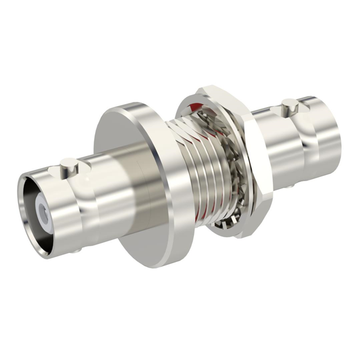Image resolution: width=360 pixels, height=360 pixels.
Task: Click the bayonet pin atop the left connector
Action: [x=68, y=165]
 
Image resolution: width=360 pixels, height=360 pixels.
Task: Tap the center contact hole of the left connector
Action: [x=43, y=212]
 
